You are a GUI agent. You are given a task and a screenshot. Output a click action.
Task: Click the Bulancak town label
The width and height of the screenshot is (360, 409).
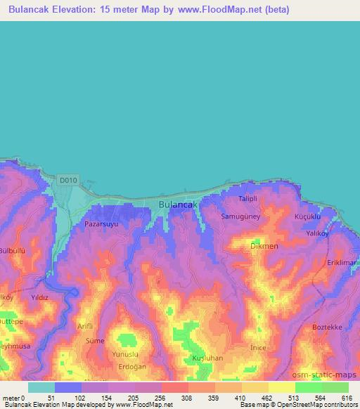[x=176, y=205]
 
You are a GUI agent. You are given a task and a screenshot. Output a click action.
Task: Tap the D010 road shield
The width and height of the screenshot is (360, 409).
[x=67, y=181]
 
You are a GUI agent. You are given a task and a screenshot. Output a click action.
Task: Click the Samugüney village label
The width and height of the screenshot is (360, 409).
[x=240, y=217]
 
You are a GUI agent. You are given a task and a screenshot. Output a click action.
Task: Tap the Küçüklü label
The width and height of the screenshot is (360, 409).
[x=308, y=217]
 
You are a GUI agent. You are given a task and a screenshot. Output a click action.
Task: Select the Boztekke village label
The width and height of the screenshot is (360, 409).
[x=326, y=327]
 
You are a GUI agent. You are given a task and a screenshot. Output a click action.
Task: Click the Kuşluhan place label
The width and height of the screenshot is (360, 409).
[x=207, y=358]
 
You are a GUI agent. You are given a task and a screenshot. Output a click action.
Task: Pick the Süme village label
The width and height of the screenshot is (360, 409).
[x=94, y=340]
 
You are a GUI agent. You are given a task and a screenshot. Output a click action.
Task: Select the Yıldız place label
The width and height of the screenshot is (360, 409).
[x=39, y=297]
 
